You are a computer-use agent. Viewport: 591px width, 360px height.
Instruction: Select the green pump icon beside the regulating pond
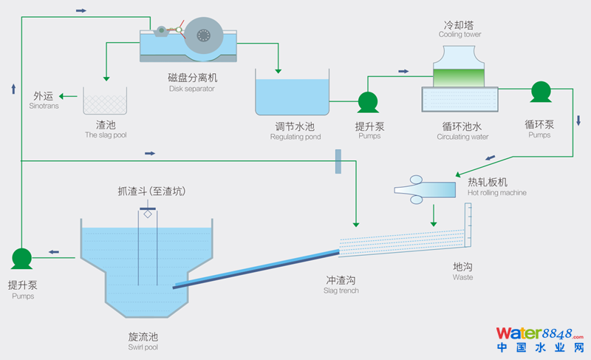click(x=368, y=102)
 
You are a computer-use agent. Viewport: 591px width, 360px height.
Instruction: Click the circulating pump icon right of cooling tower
click(x=541, y=92)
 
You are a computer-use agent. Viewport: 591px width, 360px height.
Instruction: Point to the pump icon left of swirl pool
click(x=21, y=258)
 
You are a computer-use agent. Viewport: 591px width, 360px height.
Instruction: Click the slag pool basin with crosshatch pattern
click(x=105, y=101)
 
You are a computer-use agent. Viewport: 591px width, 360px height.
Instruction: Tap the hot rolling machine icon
click(x=425, y=189)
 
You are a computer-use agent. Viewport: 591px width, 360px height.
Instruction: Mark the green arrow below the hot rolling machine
click(x=434, y=214)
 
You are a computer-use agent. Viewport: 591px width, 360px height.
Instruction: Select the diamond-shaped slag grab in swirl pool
click(x=148, y=214)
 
